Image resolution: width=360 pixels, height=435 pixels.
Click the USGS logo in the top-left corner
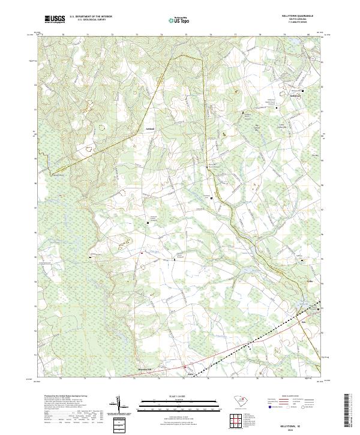click(55, 19)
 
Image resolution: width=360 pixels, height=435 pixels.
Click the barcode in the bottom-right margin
click(347, 413)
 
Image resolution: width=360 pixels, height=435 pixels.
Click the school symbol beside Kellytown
click(303, 91)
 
